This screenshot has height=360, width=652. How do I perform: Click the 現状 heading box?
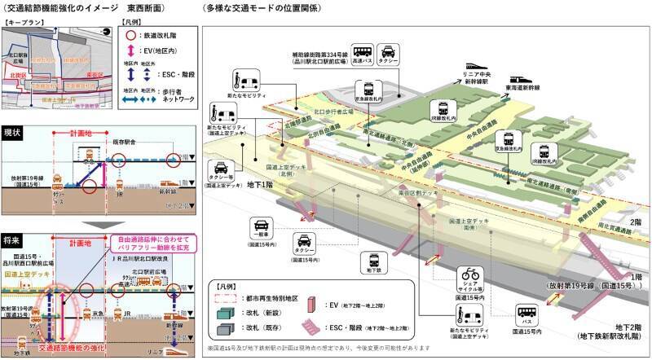pyautogui.click(x=14, y=130)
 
